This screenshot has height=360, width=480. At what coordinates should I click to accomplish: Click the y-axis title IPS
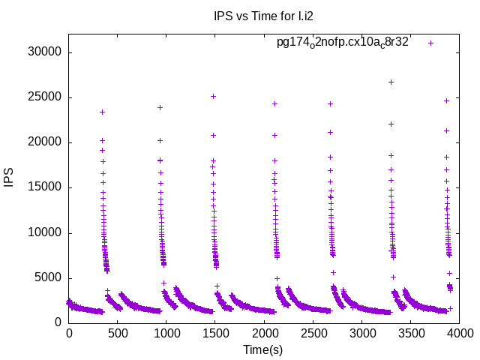[10, 178]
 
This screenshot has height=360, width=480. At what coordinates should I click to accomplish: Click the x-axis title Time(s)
[263, 349]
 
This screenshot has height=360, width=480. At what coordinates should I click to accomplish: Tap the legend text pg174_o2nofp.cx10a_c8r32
[342, 43]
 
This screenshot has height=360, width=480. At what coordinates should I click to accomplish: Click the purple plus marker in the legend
[430, 43]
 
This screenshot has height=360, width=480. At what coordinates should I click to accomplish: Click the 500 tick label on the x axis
[118, 332]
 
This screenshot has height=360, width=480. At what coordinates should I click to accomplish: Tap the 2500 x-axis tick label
[313, 332]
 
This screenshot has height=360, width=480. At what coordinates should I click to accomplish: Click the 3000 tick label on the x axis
[361, 332]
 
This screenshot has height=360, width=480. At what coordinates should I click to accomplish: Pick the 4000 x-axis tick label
[459, 332]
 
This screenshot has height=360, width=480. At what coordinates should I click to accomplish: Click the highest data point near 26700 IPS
[391, 82]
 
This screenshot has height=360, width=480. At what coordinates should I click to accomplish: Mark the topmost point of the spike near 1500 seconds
[213, 96]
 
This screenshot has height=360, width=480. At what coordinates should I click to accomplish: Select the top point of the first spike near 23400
[102, 112]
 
